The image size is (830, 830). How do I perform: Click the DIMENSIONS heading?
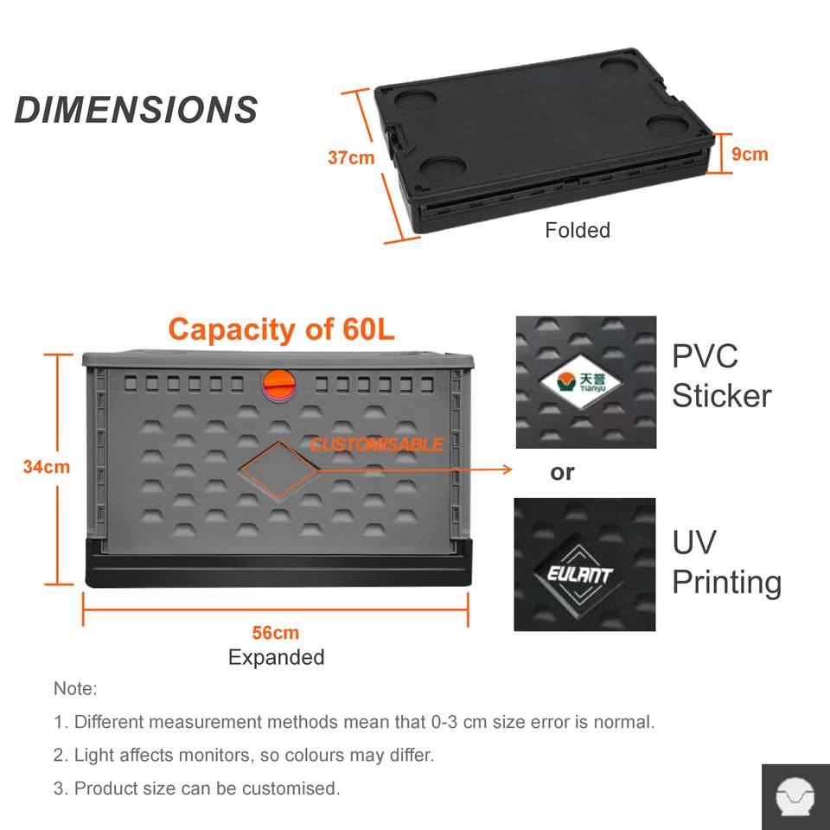pyautogui.click(x=137, y=111)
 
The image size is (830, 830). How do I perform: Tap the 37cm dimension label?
pyautogui.click(x=351, y=158)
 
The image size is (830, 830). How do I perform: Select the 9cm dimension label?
pyautogui.click(x=750, y=155)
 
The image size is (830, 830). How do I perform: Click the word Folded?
pyautogui.click(x=577, y=230)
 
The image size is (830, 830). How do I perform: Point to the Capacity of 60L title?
pyautogui.click(x=281, y=329)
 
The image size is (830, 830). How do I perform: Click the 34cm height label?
pyautogui.click(x=47, y=467)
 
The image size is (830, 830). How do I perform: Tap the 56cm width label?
pyautogui.click(x=276, y=633)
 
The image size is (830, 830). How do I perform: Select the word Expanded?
pyautogui.click(x=276, y=657)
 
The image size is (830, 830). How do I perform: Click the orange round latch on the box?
pyautogui.click(x=279, y=383)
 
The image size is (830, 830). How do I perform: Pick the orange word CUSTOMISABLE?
pyautogui.click(x=377, y=445)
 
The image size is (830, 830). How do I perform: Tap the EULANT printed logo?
pyautogui.click(x=581, y=573)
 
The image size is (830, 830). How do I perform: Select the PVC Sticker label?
pyautogui.click(x=721, y=376)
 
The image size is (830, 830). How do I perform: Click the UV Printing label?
pyautogui.click(x=726, y=563)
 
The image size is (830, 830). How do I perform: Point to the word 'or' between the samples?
pyautogui.click(x=562, y=473)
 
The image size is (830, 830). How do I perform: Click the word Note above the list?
pyautogui.click(x=75, y=689)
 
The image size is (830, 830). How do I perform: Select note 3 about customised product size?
pyautogui.click(x=196, y=788)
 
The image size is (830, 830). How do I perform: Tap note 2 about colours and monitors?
pyautogui.click(x=244, y=755)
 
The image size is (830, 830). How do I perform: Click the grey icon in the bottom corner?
pyautogui.click(x=795, y=796)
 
